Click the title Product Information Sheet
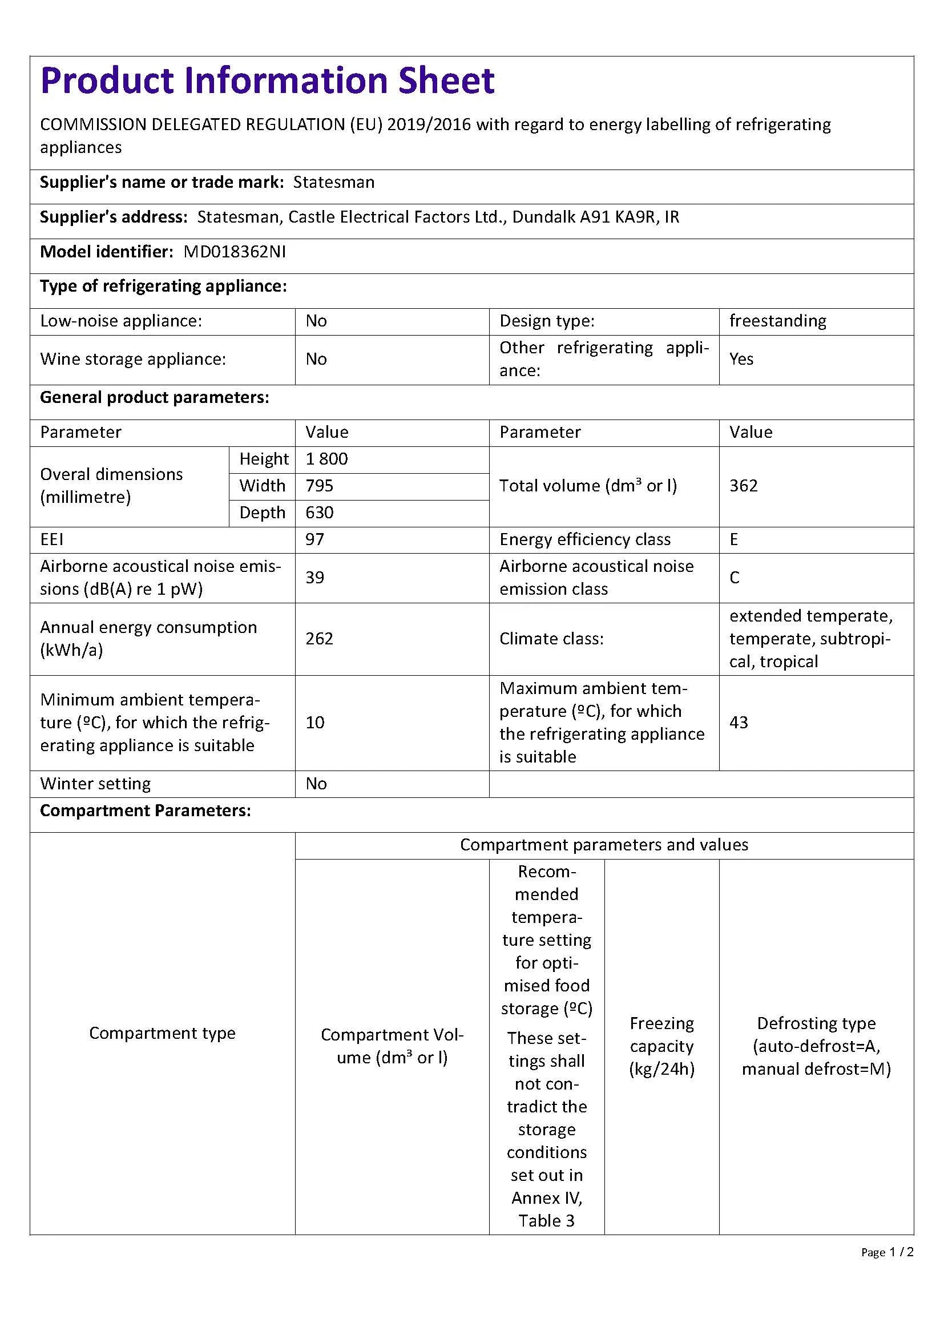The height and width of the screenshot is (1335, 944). tap(267, 80)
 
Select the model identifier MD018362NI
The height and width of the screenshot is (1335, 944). tap(234, 252)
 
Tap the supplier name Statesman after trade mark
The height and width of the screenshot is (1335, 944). tap(334, 183)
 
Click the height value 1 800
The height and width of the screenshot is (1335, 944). tap(326, 459)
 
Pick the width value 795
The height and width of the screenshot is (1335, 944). tap(319, 486)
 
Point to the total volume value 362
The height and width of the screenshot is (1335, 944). tap(744, 486)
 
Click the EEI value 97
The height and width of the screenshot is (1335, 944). tap(314, 539)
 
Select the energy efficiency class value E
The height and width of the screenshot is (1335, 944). tap(734, 539)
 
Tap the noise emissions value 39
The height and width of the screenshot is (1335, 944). tap(314, 578)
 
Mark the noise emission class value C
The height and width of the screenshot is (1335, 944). tap(734, 578)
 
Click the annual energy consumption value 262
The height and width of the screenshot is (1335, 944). tap(319, 639)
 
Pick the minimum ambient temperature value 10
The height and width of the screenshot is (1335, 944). tap(314, 722)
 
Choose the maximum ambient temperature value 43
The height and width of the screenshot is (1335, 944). tap(739, 722)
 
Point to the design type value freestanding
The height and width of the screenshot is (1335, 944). tap(778, 321)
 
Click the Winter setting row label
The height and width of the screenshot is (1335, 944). tap(95, 784)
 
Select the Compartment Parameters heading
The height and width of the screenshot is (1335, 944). tap(146, 810)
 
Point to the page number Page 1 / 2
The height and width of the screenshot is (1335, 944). tap(887, 1252)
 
